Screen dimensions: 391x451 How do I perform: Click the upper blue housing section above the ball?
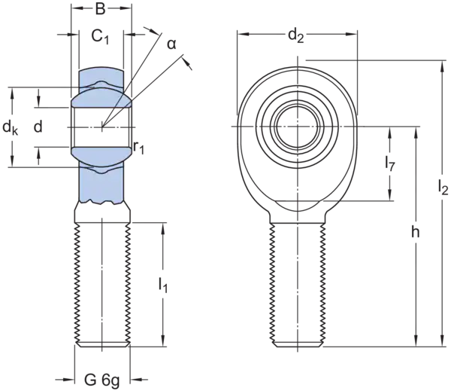102,81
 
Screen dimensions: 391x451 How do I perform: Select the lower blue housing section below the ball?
102,181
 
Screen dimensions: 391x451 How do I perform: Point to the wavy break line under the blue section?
102,202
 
